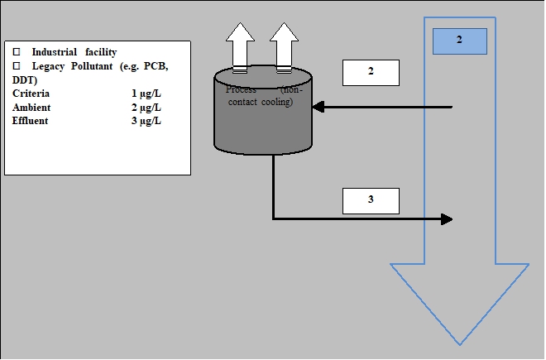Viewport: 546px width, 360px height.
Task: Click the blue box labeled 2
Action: [x=460, y=41]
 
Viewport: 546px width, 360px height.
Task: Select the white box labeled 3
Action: [x=371, y=200]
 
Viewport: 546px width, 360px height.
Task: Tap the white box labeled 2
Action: [x=371, y=72]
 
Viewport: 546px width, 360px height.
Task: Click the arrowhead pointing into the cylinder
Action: [x=318, y=107]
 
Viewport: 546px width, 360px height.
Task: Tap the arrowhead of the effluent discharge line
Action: [x=447, y=219]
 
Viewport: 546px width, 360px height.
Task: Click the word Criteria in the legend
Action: [x=31, y=94]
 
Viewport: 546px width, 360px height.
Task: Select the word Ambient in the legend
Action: [x=31, y=108]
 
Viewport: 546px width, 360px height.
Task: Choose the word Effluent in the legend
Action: [x=30, y=121]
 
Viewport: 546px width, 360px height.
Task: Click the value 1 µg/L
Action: [x=146, y=94]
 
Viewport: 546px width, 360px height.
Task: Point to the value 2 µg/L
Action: [x=146, y=108]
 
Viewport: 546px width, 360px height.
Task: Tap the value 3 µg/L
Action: [x=146, y=121]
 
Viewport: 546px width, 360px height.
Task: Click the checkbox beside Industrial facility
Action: [x=16, y=52]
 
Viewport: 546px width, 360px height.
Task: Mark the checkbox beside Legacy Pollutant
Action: [x=16, y=66]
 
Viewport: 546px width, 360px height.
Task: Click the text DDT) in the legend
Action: [x=26, y=79]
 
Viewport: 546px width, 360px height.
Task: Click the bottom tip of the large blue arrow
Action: [x=460, y=343]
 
